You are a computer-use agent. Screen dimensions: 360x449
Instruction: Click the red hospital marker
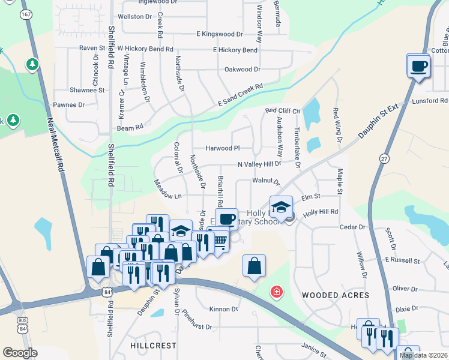point(276,292)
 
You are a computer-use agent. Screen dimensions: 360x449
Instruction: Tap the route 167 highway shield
point(25,14)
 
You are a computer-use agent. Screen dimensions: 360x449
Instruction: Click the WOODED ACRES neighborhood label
point(335,295)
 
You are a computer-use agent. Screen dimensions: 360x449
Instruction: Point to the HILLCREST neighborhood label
point(153,346)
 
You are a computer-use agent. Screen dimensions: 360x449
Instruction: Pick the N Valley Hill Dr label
point(259,164)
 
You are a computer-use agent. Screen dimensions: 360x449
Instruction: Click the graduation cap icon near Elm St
point(280,207)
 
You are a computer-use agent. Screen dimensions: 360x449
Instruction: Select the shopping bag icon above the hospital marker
point(254,265)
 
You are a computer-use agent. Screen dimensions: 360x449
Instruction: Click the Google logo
point(20,353)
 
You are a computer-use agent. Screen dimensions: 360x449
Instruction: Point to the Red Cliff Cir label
point(283,110)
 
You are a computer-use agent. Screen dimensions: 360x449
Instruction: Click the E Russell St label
point(404,260)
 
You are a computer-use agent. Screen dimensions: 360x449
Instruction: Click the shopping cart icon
point(220,241)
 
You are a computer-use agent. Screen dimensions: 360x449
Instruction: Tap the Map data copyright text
point(423,355)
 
